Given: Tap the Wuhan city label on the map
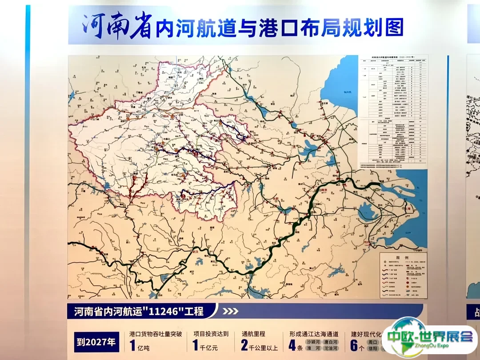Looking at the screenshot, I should coord(194,252).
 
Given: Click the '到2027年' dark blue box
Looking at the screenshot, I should coord(97,342).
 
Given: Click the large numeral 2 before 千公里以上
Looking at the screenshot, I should coord(244,345).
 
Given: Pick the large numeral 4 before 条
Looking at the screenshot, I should coord(292,345).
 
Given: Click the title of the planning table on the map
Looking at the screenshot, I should coord(393,58).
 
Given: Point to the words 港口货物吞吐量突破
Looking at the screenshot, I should coord(156,334).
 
